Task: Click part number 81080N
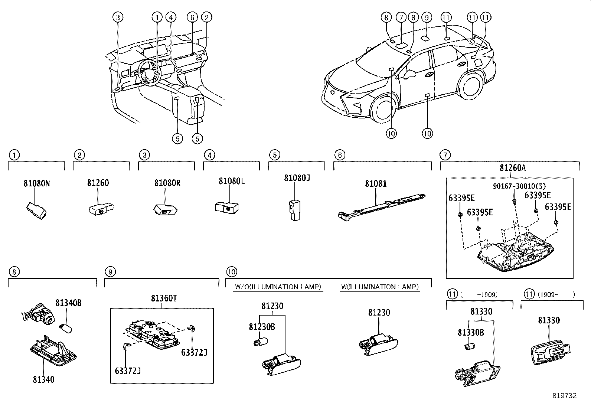click(36, 183)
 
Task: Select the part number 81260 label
click(98, 183)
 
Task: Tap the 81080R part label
click(167, 183)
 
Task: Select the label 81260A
click(512, 168)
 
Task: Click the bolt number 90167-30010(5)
click(514, 186)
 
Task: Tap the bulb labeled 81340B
click(66, 328)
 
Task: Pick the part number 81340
click(43, 379)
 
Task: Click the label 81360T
click(164, 298)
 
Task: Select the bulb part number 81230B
click(262, 327)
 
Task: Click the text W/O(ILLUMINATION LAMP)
click(278, 287)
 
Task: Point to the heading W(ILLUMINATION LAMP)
click(379, 287)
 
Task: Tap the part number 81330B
click(470, 333)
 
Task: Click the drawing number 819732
click(564, 396)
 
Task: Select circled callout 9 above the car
click(427, 17)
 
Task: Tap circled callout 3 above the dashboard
click(118, 17)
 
